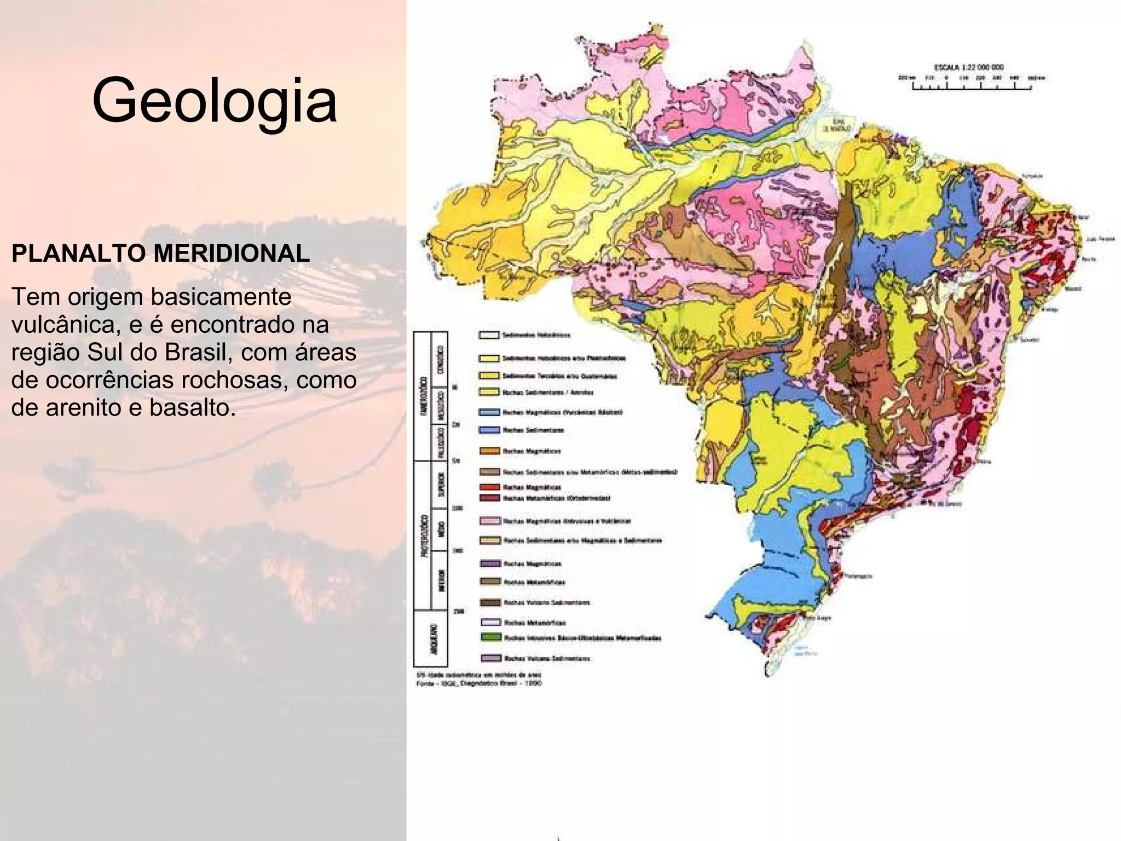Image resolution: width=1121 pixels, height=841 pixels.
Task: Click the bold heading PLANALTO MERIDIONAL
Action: pyautogui.click(x=160, y=254)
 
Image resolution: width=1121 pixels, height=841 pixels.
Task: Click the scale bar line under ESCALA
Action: pyautogui.click(x=972, y=89)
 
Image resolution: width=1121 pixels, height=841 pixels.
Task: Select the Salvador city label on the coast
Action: pyautogui.click(x=1029, y=339)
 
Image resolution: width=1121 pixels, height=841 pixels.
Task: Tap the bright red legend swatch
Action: pyautogui.click(x=490, y=487)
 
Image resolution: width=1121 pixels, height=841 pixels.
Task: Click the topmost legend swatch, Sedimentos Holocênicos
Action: pyautogui.click(x=489, y=335)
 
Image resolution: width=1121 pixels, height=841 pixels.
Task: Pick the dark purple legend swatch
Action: pyautogui.click(x=490, y=563)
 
